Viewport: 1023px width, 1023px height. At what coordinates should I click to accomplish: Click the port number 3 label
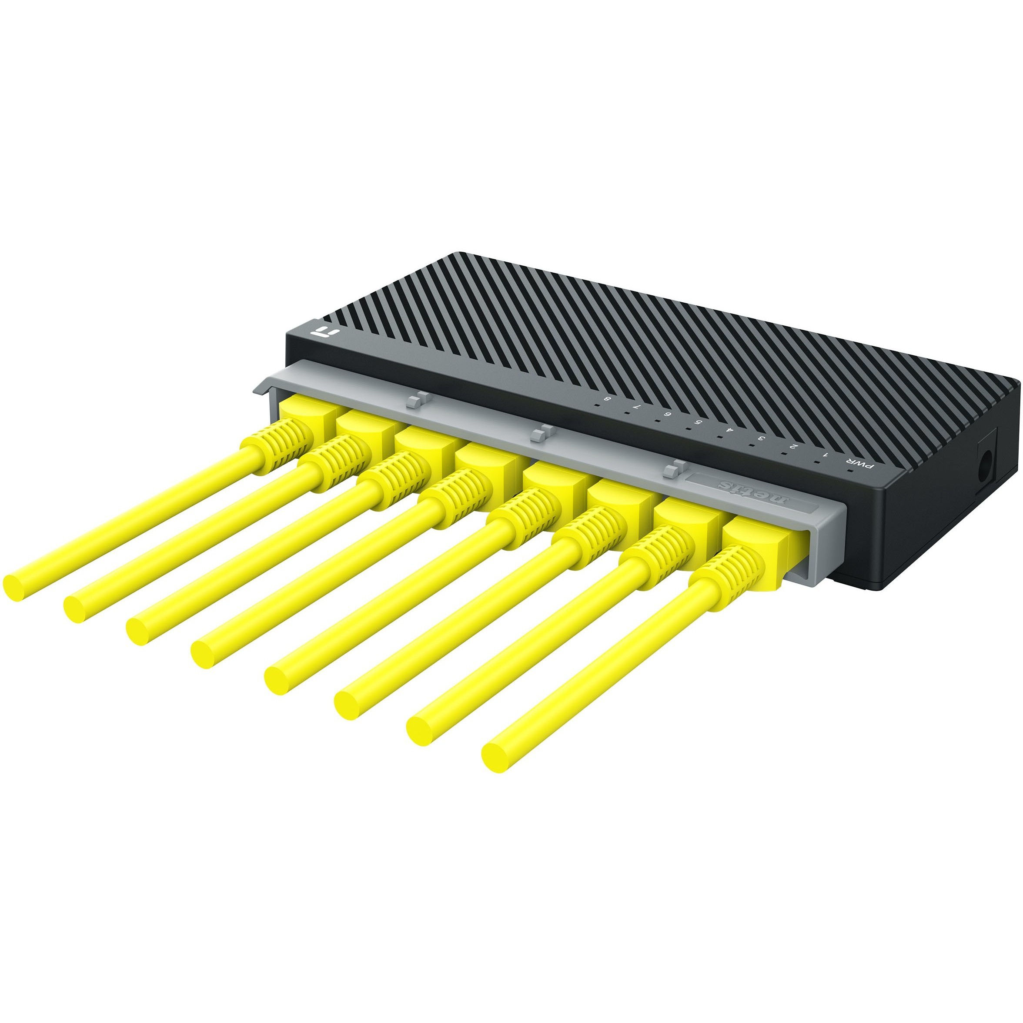[x=762, y=438]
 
